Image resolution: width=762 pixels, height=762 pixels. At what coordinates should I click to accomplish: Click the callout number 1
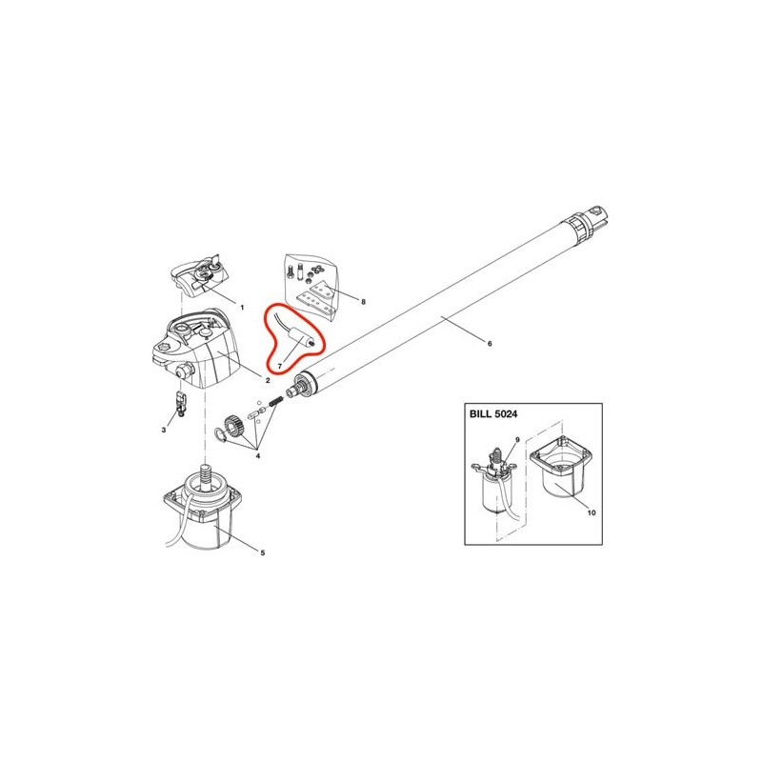click(x=242, y=307)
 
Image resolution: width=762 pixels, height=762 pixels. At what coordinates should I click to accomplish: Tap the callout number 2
click(x=268, y=380)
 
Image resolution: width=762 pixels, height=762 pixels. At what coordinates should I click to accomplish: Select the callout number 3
click(x=164, y=431)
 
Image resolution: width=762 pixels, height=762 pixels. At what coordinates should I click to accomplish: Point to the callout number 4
click(x=258, y=456)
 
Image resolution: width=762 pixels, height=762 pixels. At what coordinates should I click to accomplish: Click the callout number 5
click(x=263, y=552)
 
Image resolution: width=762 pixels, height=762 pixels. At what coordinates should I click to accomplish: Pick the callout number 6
click(x=490, y=344)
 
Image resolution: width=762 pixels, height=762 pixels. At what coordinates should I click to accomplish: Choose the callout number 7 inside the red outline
click(x=279, y=366)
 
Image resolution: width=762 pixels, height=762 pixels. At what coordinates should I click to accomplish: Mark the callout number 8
click(x=363, y=302)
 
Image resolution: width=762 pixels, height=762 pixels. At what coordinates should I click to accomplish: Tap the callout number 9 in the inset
click(x=517, y=440)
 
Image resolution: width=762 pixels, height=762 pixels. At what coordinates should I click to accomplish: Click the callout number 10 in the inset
click(x=592, y=512)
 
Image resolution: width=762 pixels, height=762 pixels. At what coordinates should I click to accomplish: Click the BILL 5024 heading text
click(x=493, y=414)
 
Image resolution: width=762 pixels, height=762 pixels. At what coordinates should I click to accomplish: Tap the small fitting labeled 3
click(x=181, y=403)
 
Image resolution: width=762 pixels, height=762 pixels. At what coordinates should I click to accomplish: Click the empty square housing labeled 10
click(x=562, y=467)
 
